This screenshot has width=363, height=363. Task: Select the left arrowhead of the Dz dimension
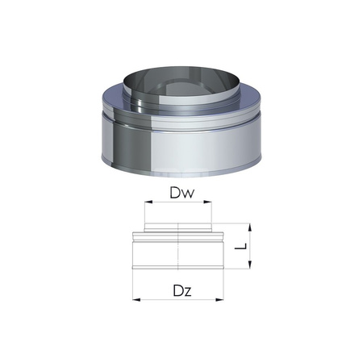coord(134,298)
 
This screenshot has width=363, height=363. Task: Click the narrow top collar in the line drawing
coord(178,228)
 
